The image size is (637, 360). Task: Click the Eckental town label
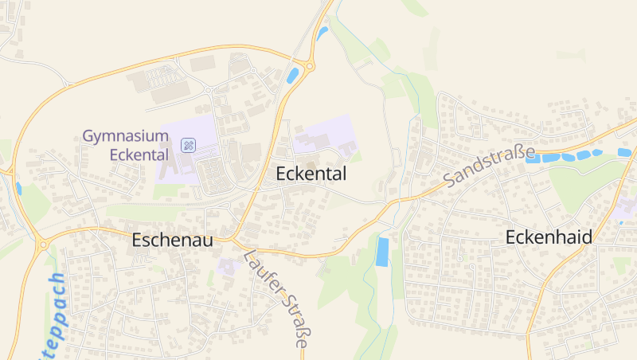point(311,174)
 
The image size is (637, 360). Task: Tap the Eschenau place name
point(172,240)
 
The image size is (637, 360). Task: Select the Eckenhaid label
point(549,237)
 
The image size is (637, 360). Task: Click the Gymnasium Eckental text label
point(126,145)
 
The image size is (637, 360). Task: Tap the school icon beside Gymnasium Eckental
point(189,145)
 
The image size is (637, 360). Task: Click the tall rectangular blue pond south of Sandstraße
point(383,252)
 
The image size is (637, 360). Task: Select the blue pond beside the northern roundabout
point(292,76)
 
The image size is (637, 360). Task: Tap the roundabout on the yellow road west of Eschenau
point(41,245)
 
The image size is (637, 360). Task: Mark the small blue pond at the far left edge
point(18,189)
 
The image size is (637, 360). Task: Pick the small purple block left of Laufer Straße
point(226,266)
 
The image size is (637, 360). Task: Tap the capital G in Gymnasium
point(89,136)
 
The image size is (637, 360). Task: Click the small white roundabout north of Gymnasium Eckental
point(209,90)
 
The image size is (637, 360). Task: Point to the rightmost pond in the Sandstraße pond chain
point(624,152)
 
